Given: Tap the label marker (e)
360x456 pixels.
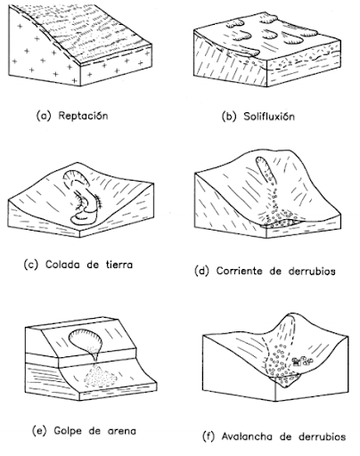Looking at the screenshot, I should click(x=39, y=431).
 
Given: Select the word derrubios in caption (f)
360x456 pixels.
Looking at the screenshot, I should click(x=323, y=437).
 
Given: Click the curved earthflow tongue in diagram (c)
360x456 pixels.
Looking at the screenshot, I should click(x=85, y=201).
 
